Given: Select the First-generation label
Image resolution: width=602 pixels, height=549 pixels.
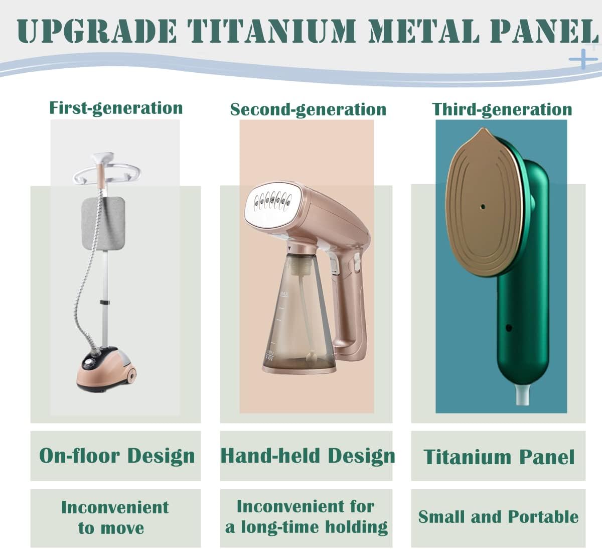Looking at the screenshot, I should pyautogui.click(x=115, y=108).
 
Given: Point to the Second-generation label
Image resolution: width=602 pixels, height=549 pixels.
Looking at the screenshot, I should pyautogui.click(x=308, y=109).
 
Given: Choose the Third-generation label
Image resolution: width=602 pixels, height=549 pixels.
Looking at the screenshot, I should pyautogui.click(x=502, y=109).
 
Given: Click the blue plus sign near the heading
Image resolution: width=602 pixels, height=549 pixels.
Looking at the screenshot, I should pyautogui.click(x=583, y=59).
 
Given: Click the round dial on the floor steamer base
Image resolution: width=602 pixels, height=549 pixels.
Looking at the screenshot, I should pyautogui.click(x=92, y=360).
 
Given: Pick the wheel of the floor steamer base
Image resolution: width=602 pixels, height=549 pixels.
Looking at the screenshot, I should pyautogui.click(x=131, y=374).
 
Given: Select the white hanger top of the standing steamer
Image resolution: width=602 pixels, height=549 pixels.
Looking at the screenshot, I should pyautogui.click(x=102, y=171).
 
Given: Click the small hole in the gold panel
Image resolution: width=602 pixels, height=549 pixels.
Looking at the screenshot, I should pyautogui.click(x=482, y=206).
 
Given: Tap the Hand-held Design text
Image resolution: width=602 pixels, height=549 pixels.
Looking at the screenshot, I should pyautogui.click(x=307, y=456).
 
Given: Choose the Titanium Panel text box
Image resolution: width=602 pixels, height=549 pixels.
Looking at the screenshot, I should pyautogui.click(x=498, y=457).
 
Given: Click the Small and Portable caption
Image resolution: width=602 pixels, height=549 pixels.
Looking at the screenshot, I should pyautogui.click(x=498, y=517).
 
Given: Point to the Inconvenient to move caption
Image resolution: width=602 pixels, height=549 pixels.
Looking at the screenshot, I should pyautogui.click(x=115, y=517).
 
